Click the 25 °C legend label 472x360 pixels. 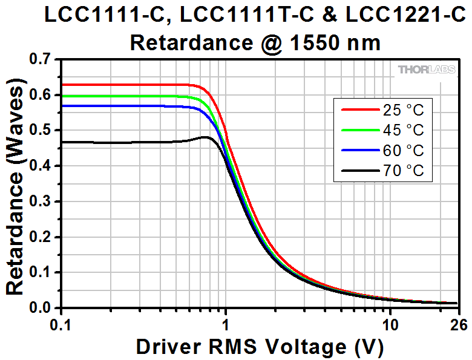tap(403, 110)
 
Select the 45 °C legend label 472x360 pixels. tap(403, 130)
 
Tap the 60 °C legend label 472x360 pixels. tap(403, 151)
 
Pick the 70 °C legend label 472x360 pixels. tap(403, 171)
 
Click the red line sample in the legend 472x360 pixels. tap(360, 110)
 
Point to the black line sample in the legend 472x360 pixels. tap(360, 171)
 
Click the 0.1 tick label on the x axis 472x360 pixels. tap(61, 325)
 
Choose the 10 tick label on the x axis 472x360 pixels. tap(390, 325)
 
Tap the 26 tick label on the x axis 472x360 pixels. tap(459, 325)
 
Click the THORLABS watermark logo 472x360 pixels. tap(427, 70)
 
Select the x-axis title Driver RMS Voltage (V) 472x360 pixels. tap(260, 347)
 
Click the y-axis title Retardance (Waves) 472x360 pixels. tap(15, 186)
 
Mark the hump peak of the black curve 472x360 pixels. tap(205, 137)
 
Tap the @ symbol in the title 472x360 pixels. tap(271, 44)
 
